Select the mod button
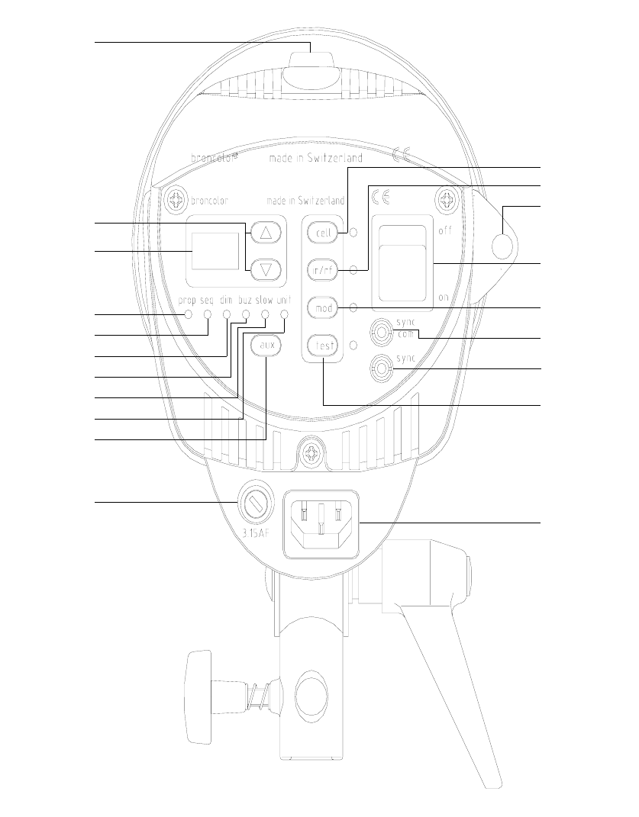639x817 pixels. point(321,307)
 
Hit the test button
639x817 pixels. point(321,346)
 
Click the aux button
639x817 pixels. point(266,346)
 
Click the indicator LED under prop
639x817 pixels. point(187,314)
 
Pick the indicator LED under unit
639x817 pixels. point(284,314)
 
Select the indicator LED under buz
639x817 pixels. point(246,314)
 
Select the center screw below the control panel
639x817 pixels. point(310,453)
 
